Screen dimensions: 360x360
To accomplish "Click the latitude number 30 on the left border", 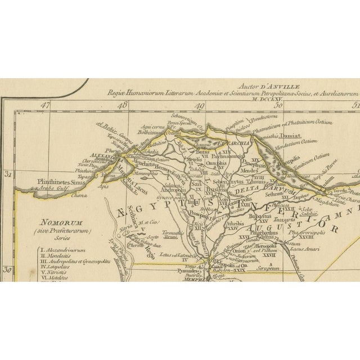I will coord(8,269).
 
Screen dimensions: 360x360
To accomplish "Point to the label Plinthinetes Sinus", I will coord(52,182).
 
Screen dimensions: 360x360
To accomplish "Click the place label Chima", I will coord(63,196).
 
